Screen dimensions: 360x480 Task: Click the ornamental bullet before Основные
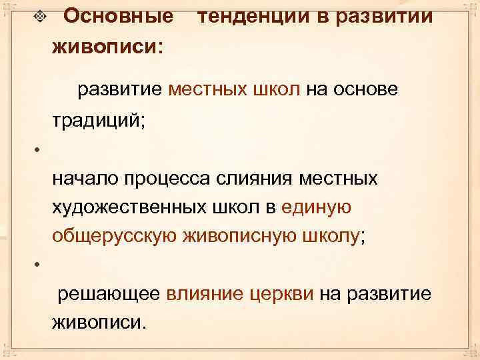(x=41, y=16)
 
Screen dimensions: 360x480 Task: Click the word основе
(x=369, y=89)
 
